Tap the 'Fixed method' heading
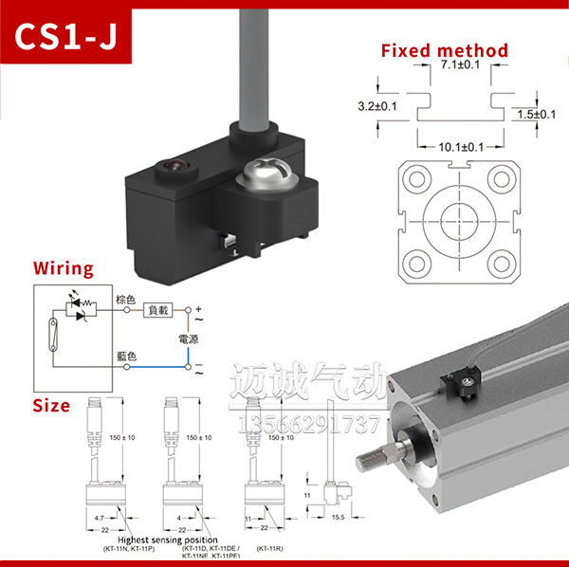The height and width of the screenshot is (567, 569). [x=444, y=50]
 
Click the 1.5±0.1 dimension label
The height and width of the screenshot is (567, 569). [x=537, y=114]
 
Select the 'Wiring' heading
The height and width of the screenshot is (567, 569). [x=64, y=269]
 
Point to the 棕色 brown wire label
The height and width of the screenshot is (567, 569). [x=126, y=301]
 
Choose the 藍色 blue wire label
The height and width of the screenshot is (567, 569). [x=126, y=357]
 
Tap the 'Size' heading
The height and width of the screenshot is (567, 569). [x=51, y=406]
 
